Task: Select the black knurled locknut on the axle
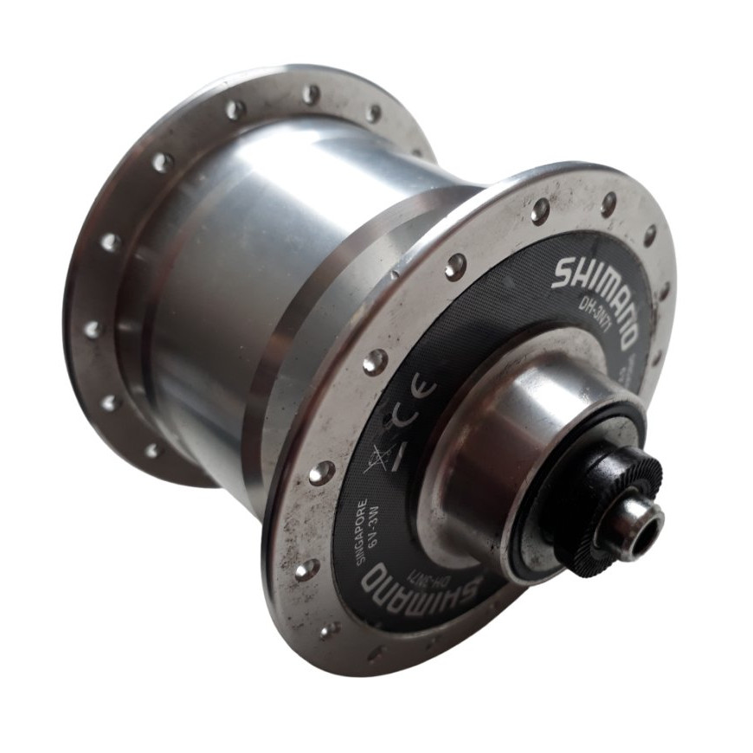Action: [x=606, y=511]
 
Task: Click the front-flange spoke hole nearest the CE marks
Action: [x=375, y=362]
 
